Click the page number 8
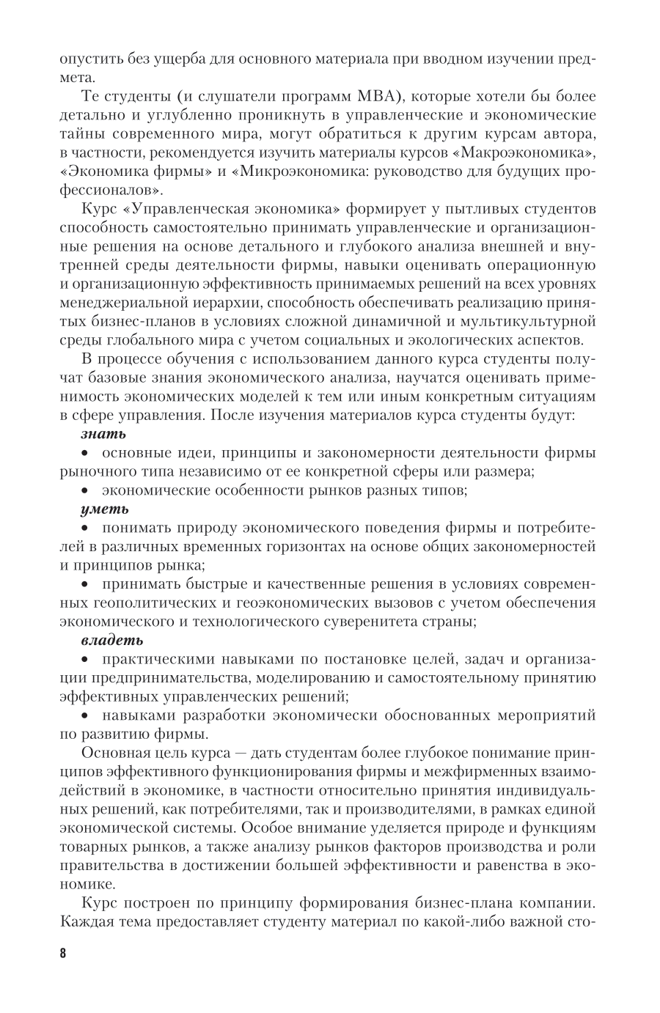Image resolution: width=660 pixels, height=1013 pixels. [x=62, y=954]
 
